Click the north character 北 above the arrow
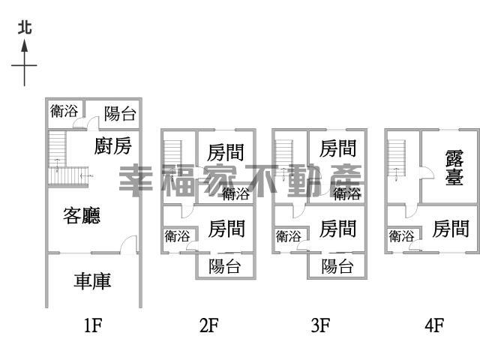pyautogui.click(x=25, y=28)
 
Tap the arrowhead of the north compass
pyautogui.click(x=25, y=46)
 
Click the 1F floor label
pyautogui.click(x=93, y=325)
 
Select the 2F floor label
pyautogui.click(x=209, y=325)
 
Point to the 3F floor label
pyautogui.click(x=320, y=325)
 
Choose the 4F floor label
pyautogui.click(x=434, y=325)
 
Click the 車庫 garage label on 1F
pyautogui.click(x=92, y=281)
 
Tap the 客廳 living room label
pyautogui.click(x=82, y=215)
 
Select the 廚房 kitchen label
pyautogui.click(x=113, y=145)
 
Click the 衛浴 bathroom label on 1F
pyautogui.click(x=64, y=111)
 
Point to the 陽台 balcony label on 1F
pyautogui.click(x=120, y=113)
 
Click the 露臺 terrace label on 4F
pyautogui.click(x=454, y=167)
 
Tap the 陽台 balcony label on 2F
pyautogui.click(x=225, y=266)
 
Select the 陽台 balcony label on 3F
pyautogui.click(x=337, y=266)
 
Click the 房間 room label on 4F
pyautogui.click(x=451, y=229)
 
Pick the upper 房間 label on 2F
pyautogui.click(x=226, y=152)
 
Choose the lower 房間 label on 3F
pyautogui.click(x=337, y=229)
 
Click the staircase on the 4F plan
pyautogui.click(x=397, y=158)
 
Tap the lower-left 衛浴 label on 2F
pyautogui.click(x=177, y=236)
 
